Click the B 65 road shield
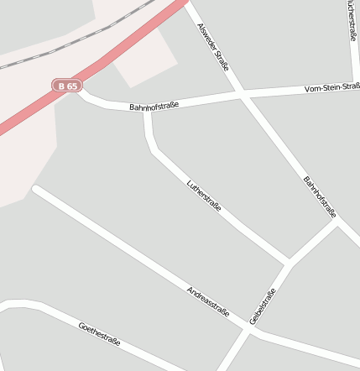point(67,85)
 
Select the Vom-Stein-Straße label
point(332,87)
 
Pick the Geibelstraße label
point(263,307)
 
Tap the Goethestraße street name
point(99,334)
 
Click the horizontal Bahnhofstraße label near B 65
point(155,106)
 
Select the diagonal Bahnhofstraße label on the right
point(320,196)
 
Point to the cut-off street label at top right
point(352,20)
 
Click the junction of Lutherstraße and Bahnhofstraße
point(148,110)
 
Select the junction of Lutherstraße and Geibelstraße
point(288,263)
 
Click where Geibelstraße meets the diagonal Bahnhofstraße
point(337,222)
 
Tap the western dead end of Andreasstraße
point(35,190)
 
